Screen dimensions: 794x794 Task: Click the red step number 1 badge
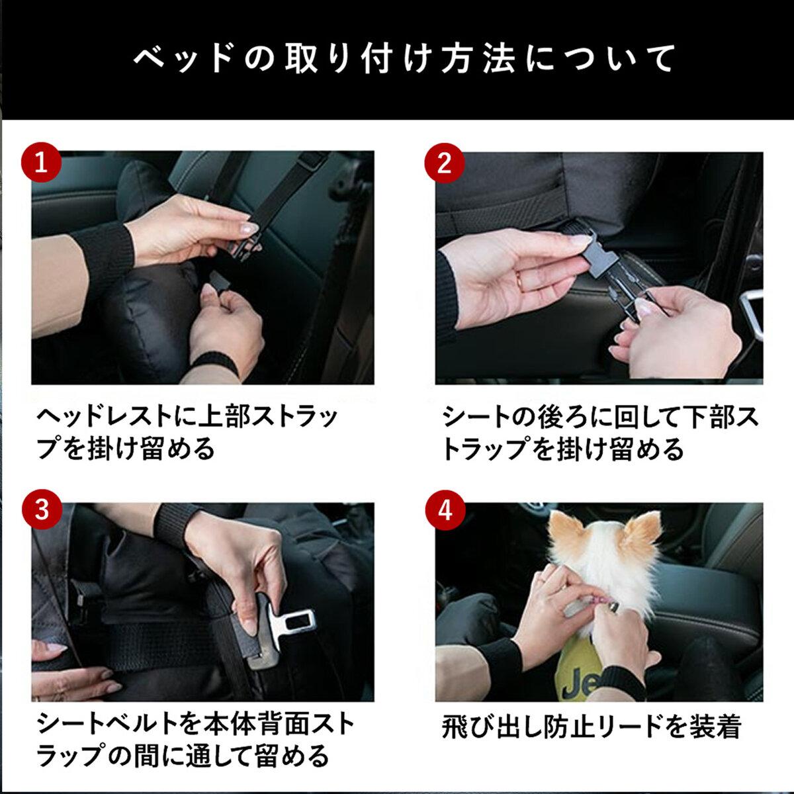[x=41, y=163]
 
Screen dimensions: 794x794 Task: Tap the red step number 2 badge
[x=445, y=163]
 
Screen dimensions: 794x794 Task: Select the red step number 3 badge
[x=42, y=509]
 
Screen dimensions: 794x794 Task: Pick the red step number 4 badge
[x=445, y=510]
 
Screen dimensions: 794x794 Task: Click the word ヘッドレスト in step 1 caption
[x=105, y=417]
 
